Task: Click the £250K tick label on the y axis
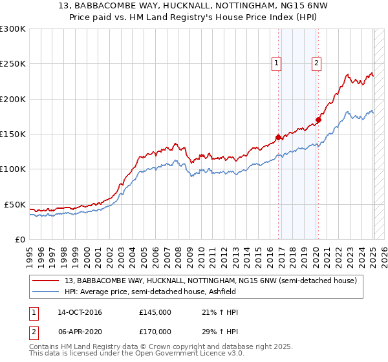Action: (x=13, y=64)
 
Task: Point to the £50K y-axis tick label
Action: (x=15, y=204)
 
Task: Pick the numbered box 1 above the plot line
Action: (x=276, y=63)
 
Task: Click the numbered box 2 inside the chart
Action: (x=316, y=63)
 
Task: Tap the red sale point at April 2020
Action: (x=318, y=120)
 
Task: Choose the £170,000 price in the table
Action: (x=155, y=332)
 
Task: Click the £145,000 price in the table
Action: (x=155, y=312)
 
